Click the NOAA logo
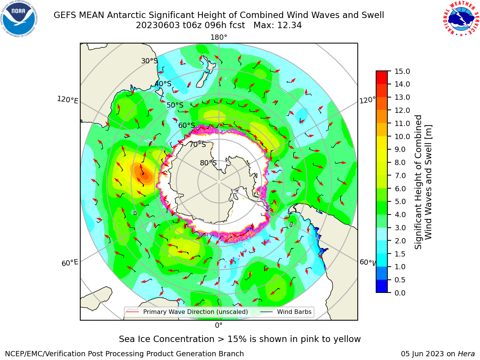19,19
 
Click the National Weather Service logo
461,19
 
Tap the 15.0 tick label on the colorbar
402,71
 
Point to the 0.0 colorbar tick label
400,293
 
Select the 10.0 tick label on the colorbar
402,136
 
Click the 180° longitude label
219,37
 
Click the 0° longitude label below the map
219,325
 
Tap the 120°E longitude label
68,100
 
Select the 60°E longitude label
70,263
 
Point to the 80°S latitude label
208,163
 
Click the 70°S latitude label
198,144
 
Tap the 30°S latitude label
149,61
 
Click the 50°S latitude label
175,105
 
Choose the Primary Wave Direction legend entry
187,312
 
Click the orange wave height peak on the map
142,172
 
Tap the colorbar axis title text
423,182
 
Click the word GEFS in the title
65,15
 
